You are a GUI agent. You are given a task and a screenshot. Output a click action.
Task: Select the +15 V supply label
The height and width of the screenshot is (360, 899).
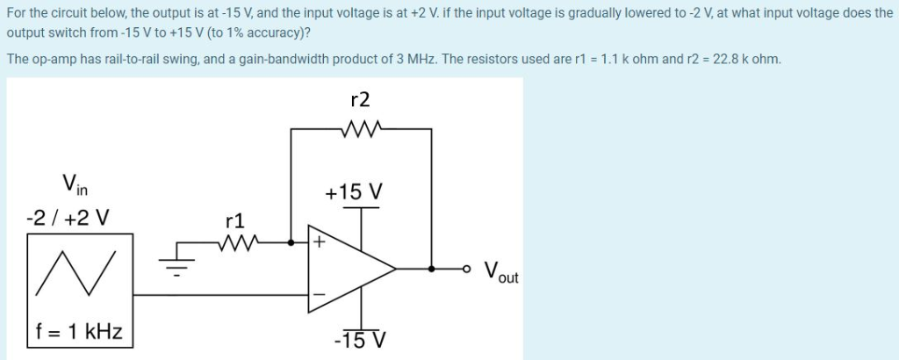click(355, 191)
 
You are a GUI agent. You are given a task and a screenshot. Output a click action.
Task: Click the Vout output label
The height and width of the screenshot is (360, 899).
click(501, 271)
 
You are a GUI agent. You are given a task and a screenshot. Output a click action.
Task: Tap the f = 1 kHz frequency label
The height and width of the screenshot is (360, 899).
click(79, 332)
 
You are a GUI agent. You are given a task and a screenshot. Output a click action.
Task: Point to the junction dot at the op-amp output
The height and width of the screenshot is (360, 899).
click(431, 269)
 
